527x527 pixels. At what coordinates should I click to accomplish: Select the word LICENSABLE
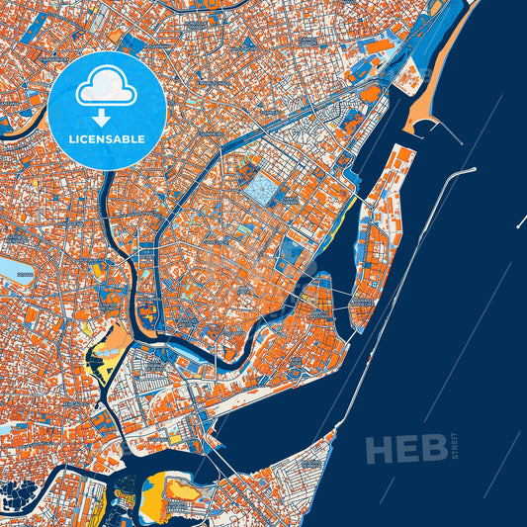pos(107,139)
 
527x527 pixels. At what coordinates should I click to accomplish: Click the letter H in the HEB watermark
pos(382,449)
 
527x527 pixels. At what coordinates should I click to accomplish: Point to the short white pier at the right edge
pos(520,223)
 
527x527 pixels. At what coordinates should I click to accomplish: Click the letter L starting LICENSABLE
pos(72,139)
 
